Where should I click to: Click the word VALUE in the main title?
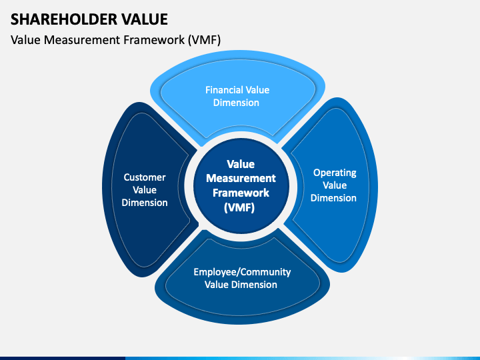click(x=142, y=18)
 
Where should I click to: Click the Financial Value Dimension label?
click(x=237, y=96)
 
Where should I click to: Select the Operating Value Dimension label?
click(x=335, y=185)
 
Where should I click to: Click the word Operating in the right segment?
click(x=335, y=173)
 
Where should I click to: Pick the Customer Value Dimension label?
click(x=145, y=189)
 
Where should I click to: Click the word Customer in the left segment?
click(x=145, y=177)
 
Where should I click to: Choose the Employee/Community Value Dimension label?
click(x=242, y=278)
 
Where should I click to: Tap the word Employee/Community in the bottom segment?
click(x=242, y=272)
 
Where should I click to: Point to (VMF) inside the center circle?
click(x=241, y=207)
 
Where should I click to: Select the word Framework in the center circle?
click(x=241, y=193)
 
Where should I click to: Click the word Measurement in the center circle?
click(x=241, y=178)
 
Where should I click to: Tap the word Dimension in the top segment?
click(x=237, y=103)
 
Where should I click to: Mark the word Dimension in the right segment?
click(x=335, y=197)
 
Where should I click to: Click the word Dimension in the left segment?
click(x=145, y=202)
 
